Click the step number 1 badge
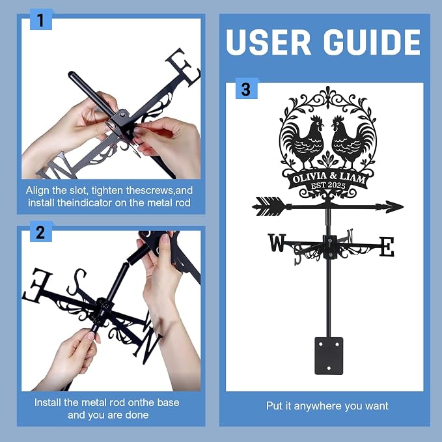[x=41, y=20]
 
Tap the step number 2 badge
[x=41, y=232]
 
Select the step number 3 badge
[x=246, y=89]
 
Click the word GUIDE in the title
[x=372, y=42]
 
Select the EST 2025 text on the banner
[x=328, y=186]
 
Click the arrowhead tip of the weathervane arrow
[x=404, y=206]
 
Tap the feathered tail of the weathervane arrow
[x=269, y=206]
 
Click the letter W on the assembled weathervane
[x=277, y=243]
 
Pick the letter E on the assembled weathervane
[x=387, y=247]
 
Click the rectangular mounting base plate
[x=329, y=355]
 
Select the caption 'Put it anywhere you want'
[x=327, y=406]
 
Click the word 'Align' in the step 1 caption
[x=36, y=191]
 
